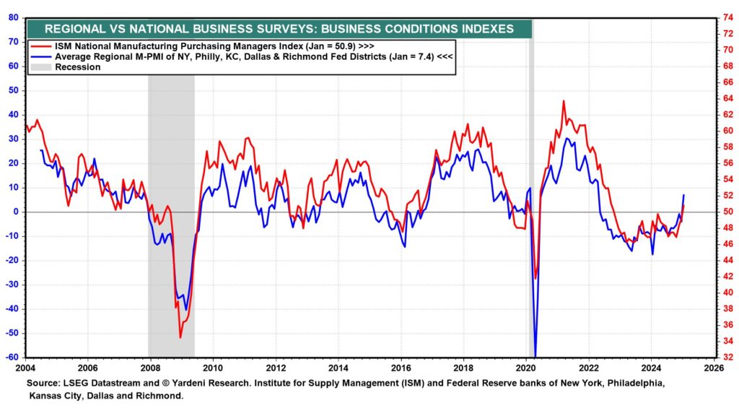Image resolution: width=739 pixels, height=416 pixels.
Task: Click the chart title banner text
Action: [x=279, y=29]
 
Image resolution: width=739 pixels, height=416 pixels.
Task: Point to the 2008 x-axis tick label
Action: [x=149, y=367]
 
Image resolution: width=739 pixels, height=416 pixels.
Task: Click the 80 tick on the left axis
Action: [x=14, y=17]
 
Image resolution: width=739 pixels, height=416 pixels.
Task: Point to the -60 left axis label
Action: [x=12, y=357]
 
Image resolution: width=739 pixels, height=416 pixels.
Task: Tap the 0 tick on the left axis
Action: [x=16, y=212]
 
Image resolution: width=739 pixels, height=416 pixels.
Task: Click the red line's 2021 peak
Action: [x=564, y=101]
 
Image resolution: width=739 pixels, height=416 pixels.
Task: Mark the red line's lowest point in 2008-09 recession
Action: [x=180, y=337]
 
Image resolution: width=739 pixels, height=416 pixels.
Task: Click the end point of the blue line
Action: [x=683, y=195]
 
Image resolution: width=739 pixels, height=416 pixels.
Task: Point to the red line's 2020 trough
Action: [x=535, y=279]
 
